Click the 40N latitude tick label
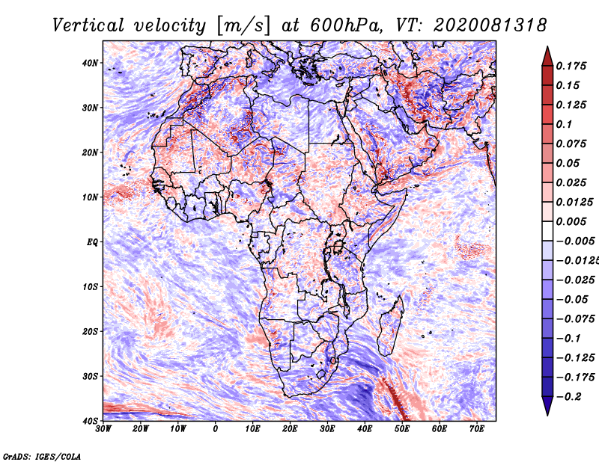(x=90, y=63)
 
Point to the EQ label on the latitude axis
(x=92, y=242)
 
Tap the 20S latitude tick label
(x=90, y=331)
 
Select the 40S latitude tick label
(x=90, y=421)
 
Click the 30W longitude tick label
(x=103, y=429)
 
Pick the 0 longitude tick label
(x=216, y=429)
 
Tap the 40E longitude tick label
(x=365, y=429)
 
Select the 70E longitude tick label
(x=477, y=429)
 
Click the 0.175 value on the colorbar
(x=571, y=66)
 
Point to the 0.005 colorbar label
(x=571, y=221)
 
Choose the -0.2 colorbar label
(x=568, y=396)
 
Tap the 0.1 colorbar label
(x=565, y=124)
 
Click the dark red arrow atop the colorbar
(x=547, y=56)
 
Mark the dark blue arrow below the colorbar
(x=547, y=406)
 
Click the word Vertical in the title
(x=88, y=25)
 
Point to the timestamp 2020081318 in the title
(x=490, y=25)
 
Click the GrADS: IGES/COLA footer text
(x=42, y=456)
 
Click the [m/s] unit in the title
(x=243, y=25)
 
